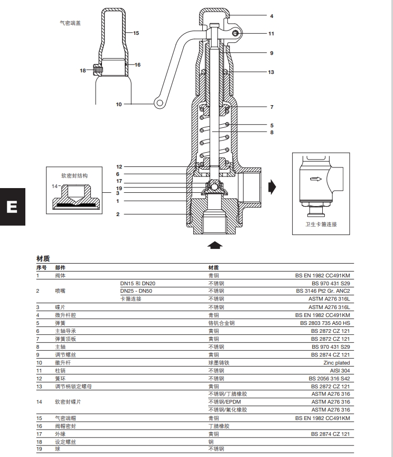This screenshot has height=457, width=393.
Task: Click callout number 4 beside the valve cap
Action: coord(272,16)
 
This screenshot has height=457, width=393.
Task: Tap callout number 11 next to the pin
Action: coord(271,34)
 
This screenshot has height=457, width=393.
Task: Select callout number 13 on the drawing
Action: coord(271,72)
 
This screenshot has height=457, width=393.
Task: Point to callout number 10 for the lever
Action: coord(119,105)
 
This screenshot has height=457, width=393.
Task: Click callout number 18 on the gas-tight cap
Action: coord(83,70)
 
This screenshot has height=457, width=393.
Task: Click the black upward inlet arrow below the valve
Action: coord(214,245)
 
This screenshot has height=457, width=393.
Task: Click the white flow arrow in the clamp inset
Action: coord(315,180)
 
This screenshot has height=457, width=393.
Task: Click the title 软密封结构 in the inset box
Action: coord(74,175)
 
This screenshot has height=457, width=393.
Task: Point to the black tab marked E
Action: coord(12,207)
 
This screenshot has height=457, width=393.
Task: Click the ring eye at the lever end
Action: coord(158,102)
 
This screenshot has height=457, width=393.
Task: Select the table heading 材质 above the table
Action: coord(43,258)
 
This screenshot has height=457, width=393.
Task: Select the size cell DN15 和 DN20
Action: coord(138,284)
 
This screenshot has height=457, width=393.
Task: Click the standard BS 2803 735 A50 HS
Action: coord(324,323)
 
